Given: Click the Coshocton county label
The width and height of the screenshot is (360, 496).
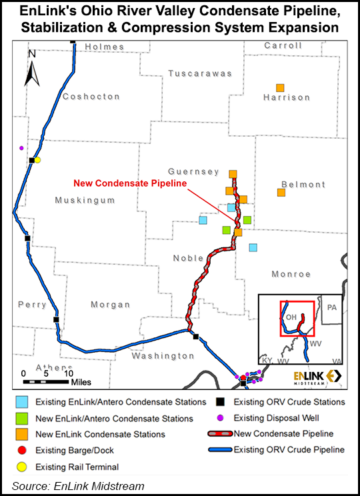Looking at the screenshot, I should point(91,97).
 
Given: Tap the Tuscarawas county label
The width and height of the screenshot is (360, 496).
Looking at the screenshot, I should point(199,73).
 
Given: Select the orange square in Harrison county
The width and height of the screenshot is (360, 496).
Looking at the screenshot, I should point(281,88).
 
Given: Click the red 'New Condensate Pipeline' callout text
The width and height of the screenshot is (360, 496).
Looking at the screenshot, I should point(130,183).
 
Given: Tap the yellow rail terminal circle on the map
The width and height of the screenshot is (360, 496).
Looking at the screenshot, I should point(38,160).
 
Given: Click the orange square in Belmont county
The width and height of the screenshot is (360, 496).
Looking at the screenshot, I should point(281,193).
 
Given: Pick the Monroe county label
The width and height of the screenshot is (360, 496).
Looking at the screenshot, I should point(291,274).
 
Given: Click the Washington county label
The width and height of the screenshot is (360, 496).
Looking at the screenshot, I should point(162,356).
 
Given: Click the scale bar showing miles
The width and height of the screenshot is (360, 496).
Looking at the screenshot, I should point(47,382).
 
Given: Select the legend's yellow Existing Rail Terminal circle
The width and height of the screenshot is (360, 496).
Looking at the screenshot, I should point(23,467).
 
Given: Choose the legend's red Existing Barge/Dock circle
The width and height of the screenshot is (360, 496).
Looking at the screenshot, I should point(23,451).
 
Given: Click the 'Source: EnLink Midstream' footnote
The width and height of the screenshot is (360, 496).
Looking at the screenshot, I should point(78,486).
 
